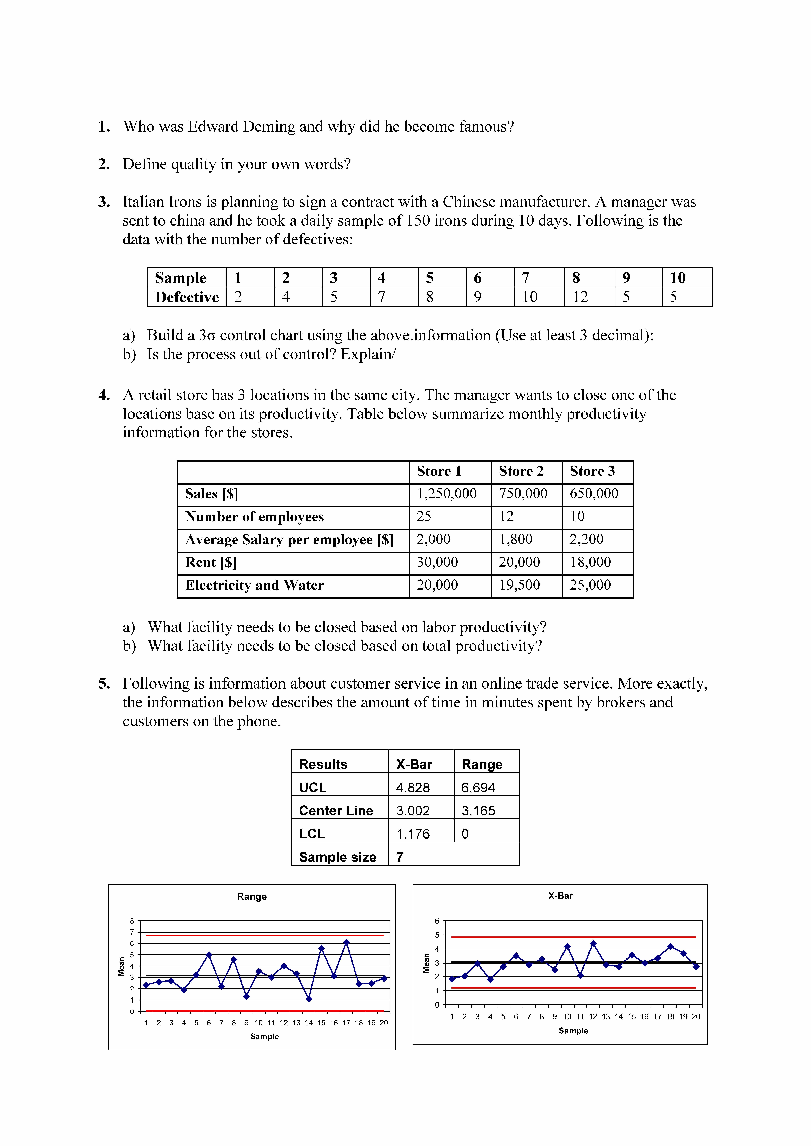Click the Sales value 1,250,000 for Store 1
click(x=446, y=494)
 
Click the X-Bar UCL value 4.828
click(x=413, y=788)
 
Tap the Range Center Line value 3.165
click(x=478, y=811)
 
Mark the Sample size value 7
click(x=400, y=857)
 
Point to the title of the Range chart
click(x=252, y=896)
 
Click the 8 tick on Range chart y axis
click(x=132, y=921)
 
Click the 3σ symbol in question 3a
click(x=207, y=335)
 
